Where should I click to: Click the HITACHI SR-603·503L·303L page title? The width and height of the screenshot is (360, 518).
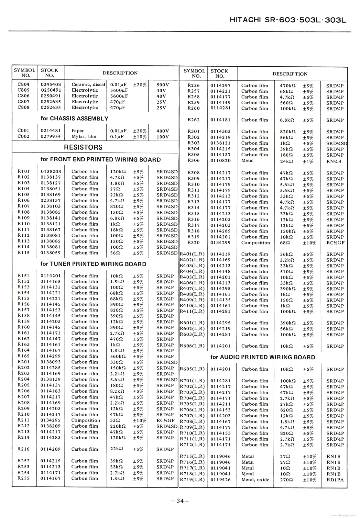pyautogui.click(x=288, y=20)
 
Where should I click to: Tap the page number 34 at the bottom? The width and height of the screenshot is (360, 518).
pyautogui.click(x=180, y=501)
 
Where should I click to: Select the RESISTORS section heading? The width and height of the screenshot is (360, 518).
pyautogui.click(x=83, y=147)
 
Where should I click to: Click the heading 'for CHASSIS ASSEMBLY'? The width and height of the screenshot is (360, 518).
pyautogui.click(x=74, y=118)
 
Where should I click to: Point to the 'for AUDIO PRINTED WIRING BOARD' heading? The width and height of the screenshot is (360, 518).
pyautogui.click(x=263, y=357)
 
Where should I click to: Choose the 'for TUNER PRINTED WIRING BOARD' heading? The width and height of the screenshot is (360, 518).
pyautogui.click(x=93, y=264)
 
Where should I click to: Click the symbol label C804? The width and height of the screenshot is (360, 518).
pyautogui.click(x=23, y=84)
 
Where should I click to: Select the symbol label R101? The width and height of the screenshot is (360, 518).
pyautogui.click(x=23, y=171)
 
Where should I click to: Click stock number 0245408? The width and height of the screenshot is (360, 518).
pyautogui.click(x=51, y=84)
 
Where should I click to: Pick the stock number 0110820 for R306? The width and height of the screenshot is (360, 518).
pyautogui.click(x=221, y=161)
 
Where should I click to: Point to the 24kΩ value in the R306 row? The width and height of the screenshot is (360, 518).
pyautogui.click(x=287, y=161)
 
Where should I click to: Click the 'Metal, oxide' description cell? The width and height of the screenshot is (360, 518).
pyautogui.click(x=255, y=480)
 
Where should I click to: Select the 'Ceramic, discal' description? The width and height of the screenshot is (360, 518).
pyautogui.click(x=88, y=84)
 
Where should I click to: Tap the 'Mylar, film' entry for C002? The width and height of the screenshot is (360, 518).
pyautogui.click(x=84, y=137)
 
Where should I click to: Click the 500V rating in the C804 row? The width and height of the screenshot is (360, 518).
pyautogui.click(x=163, y=84)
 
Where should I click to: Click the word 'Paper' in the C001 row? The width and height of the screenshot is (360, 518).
pyautogui.click(x=78, y=131)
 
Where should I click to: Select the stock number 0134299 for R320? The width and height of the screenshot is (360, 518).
pyautogui.click(x=221, y=243)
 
